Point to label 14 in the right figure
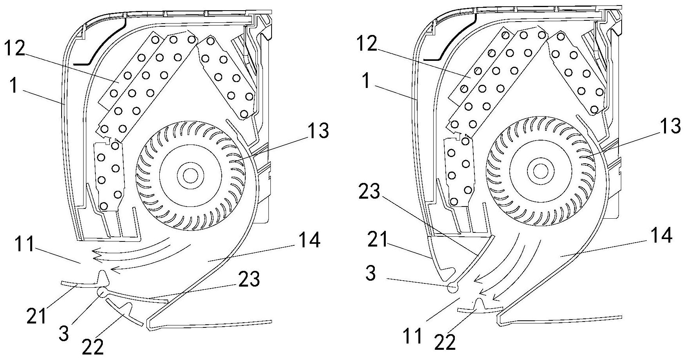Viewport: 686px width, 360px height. coord(660,236)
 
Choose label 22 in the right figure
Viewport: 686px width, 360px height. coord(445,343)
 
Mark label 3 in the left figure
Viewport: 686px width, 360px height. coord(64,333)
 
